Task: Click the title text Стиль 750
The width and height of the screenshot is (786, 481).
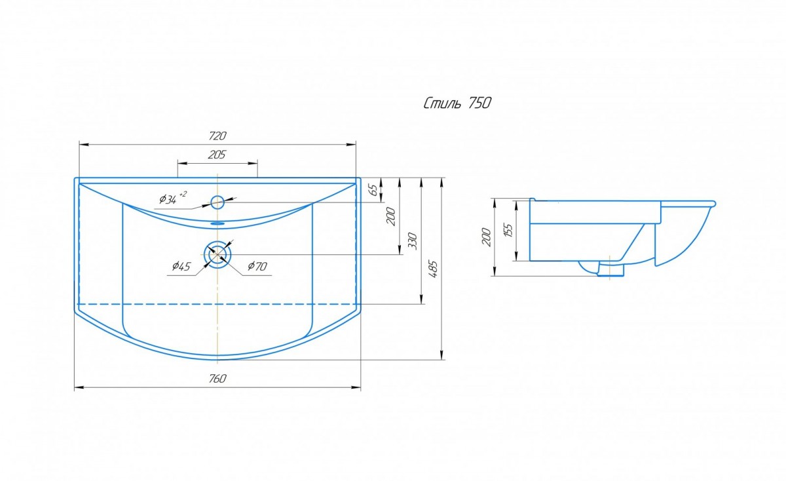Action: (x=458, y=104)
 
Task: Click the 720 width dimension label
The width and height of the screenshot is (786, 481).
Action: (x=217, y=136)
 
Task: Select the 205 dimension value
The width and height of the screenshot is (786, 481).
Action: (x=217, y=155)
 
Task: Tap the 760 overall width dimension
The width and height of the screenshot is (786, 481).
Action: (x=217, y=379)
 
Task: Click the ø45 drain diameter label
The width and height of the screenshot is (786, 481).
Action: (x=181, y=267)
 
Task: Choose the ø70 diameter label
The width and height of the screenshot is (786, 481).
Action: (x=257, y=267)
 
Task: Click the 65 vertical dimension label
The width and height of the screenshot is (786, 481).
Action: (x=375, y=190)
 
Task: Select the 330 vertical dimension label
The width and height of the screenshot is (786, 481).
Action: (x=413, y=241)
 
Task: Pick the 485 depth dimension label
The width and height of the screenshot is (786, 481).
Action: (x=434, y=269)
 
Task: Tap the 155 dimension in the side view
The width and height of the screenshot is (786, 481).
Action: (x=508, y=230)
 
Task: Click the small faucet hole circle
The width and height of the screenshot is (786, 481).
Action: (x=217, y=202)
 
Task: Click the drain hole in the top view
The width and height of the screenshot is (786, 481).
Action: (x=218, y=254)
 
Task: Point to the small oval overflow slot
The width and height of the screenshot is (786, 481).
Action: (x=217, y=223)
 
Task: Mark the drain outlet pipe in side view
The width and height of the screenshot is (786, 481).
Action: (x=610, y=269)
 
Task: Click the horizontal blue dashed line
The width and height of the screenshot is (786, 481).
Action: (x=217, y=305)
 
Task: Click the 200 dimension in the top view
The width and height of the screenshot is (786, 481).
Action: (x=391, y=217)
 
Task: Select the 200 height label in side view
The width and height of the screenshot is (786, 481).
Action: (x=487, y=237)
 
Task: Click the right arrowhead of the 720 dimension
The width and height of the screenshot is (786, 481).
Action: (x=352, y=144)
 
